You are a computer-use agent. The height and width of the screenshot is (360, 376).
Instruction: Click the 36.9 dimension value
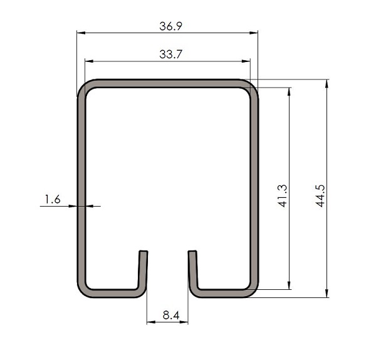[x=170, y=26]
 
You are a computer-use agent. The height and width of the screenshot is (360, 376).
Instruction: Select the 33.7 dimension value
[x=170, y=54]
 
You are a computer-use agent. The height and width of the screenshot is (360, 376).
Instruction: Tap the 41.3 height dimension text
[x=283, y=196]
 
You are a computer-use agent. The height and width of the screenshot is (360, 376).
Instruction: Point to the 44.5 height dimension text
[x=320, y=196]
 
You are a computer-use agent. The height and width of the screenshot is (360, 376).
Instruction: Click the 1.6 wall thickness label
[x=53, y=199]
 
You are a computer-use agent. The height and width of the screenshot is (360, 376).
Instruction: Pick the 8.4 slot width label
[x=171, y=315]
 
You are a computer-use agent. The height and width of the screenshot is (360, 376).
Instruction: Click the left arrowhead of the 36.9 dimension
[x=81, y=33]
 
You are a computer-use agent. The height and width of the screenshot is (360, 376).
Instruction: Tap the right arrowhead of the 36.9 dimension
[x=254, y=33]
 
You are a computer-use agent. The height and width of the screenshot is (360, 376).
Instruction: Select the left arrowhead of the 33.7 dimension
[x=89, y=61]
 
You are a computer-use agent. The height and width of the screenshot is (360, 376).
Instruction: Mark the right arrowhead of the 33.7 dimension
[x=246, y=61]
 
